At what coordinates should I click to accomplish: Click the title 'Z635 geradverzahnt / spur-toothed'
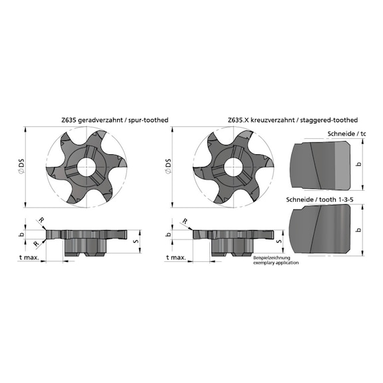coord(114,120)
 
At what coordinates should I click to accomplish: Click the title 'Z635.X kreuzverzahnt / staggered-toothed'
coord(293,120)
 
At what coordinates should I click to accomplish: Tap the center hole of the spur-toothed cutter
coord(86,166)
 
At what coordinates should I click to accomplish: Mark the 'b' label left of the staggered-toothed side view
coord(168,234)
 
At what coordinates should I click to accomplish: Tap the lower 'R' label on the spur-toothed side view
coord(35,244)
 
